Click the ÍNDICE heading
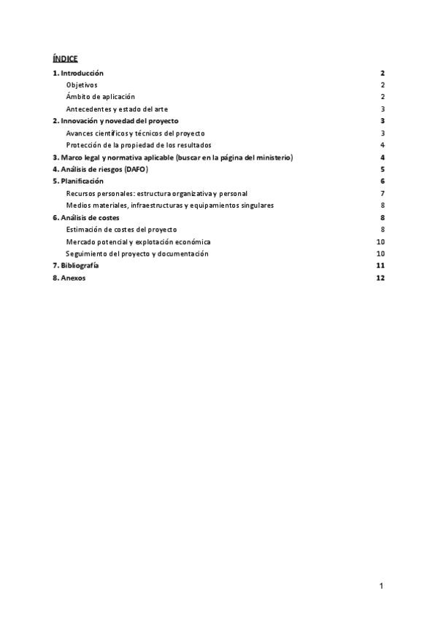[x=65, y=58]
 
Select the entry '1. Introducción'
[x=78, y=73]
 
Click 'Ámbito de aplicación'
[x=100, y=97]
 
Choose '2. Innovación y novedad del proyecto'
[x=115, y=121]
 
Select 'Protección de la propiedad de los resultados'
[x=139, y=145]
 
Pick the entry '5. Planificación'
[x=78, y=181]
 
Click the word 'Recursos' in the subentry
[x=82, y=193]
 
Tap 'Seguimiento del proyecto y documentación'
[x=137, y=254]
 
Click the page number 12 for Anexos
[x=380, y=278]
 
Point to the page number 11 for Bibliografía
[x=380, y=266]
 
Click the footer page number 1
[x=381, y=585]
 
